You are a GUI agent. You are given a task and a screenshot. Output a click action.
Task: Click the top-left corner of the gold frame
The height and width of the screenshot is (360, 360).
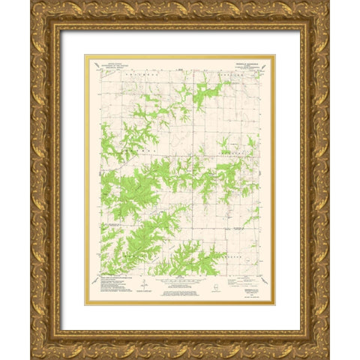(31, 2)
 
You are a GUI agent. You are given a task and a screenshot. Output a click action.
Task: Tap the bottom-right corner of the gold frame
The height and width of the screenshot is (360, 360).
(328, 358)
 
